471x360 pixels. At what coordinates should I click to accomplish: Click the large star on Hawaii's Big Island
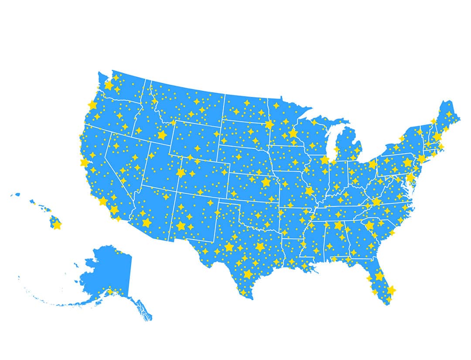(56, 224)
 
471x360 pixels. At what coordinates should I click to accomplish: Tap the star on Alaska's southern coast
(110, 291)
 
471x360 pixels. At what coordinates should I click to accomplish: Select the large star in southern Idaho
(162, 135)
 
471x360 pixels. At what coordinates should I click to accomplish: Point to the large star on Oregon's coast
(92, 105)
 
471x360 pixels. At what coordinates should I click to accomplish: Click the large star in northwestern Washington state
(109, 85)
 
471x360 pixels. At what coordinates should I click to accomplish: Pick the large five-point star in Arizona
(147, 223)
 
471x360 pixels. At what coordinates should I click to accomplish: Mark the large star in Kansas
(266, 182)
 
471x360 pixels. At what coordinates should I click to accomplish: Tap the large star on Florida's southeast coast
(391, 290)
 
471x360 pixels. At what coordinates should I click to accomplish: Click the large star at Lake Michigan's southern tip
(324, 160)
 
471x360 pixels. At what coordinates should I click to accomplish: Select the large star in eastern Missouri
(309, 191)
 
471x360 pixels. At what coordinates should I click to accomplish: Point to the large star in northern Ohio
(372, 165)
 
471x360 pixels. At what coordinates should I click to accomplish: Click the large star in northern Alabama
(339, 225)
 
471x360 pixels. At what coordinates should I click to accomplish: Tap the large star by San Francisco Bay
(85, 163)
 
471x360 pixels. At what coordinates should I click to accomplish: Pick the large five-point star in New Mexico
(181, 226)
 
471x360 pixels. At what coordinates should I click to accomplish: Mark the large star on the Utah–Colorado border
(181, 173)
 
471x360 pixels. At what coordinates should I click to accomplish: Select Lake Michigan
(331, 140)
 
